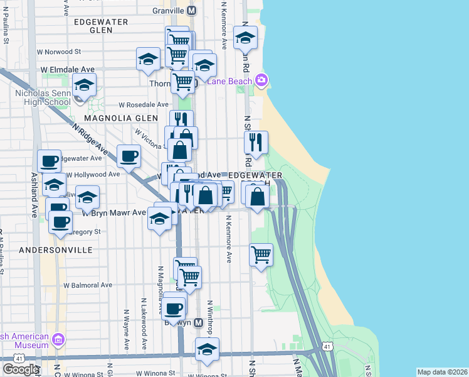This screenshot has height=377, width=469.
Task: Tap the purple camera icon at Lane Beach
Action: click(261, 80)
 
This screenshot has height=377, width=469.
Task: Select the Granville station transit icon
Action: click(191, 11)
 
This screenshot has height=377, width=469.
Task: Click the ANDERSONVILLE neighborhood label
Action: click(56, 250)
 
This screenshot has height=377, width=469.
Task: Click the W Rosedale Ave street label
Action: click(144, 104)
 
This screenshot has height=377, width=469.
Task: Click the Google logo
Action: click(21, 369)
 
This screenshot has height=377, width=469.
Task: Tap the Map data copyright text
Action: click(443, 372)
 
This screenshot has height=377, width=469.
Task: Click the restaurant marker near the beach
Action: click(256, 143)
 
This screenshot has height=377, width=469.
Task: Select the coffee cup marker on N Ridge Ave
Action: click(129, 156)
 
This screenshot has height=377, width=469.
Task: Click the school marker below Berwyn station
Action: click(207, 349)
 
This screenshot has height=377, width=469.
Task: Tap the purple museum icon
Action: click(58, 340)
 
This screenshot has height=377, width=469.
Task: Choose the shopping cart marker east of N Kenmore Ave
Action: click(261, 254)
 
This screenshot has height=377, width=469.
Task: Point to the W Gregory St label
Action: click(88, 232)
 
